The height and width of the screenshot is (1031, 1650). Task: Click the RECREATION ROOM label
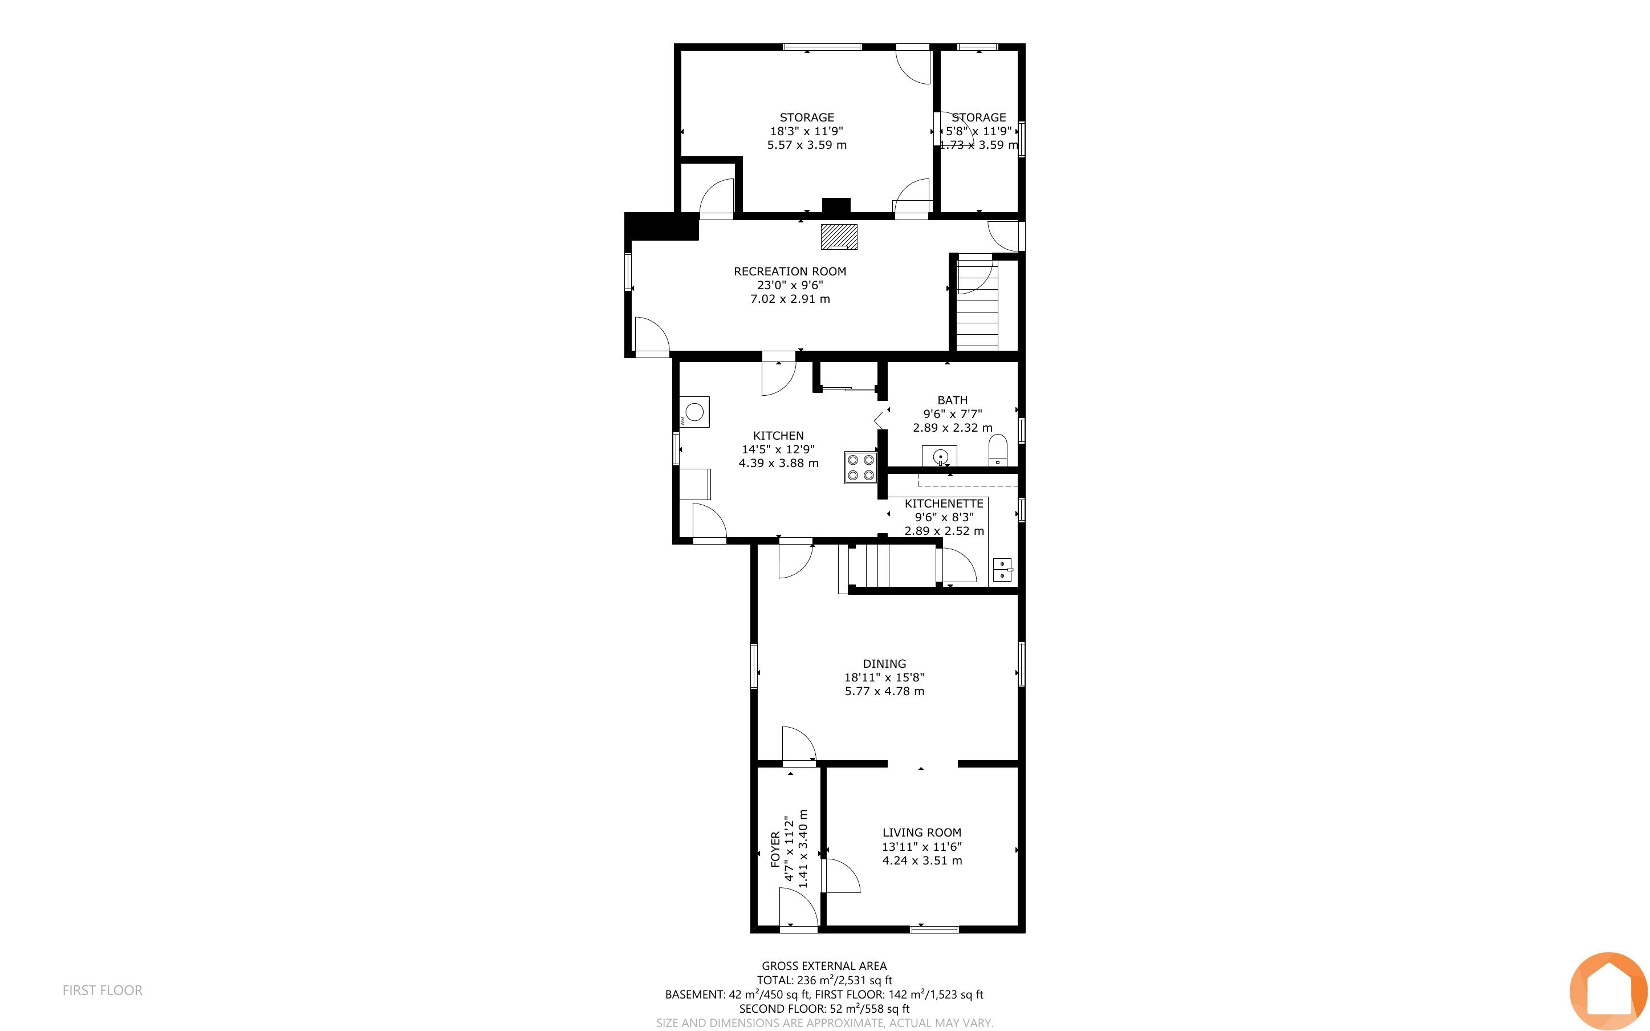pos(790,271)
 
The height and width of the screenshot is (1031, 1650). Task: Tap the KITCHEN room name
pos(778,436)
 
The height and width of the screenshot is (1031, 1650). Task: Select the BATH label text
pos(952,400)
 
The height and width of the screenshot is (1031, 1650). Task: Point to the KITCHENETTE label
pos(944,503)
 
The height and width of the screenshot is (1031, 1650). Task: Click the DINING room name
pos(885,663)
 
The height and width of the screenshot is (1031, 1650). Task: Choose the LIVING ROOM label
pos(921,833)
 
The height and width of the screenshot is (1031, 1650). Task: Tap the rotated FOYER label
pos(775,849)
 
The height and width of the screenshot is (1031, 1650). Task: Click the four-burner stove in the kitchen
pos(860,467)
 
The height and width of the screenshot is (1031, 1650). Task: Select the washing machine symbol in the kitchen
pos(694,412)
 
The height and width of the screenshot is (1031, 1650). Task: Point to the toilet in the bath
pos(998,450)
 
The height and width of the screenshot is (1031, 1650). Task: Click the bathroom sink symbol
pos(940,456)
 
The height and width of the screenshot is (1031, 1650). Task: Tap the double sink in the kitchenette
pos(1002,569)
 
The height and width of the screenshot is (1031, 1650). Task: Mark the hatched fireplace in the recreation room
pos(838,237)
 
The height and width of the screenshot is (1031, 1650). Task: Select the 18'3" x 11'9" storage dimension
pos(807,131)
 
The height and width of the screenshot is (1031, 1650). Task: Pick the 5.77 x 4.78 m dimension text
pos(885,691)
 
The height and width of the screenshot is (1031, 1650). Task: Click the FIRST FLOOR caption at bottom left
pos(102,990)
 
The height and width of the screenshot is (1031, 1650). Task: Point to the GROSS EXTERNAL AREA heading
pos(824,965)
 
